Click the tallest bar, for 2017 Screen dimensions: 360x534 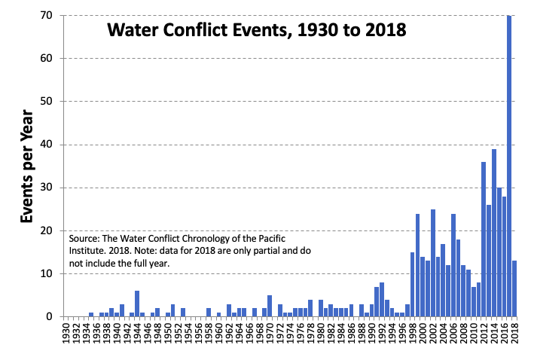pyautogui.click(x=509, y=166)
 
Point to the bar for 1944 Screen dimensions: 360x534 pyautogui.click(x=137, y=304)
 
